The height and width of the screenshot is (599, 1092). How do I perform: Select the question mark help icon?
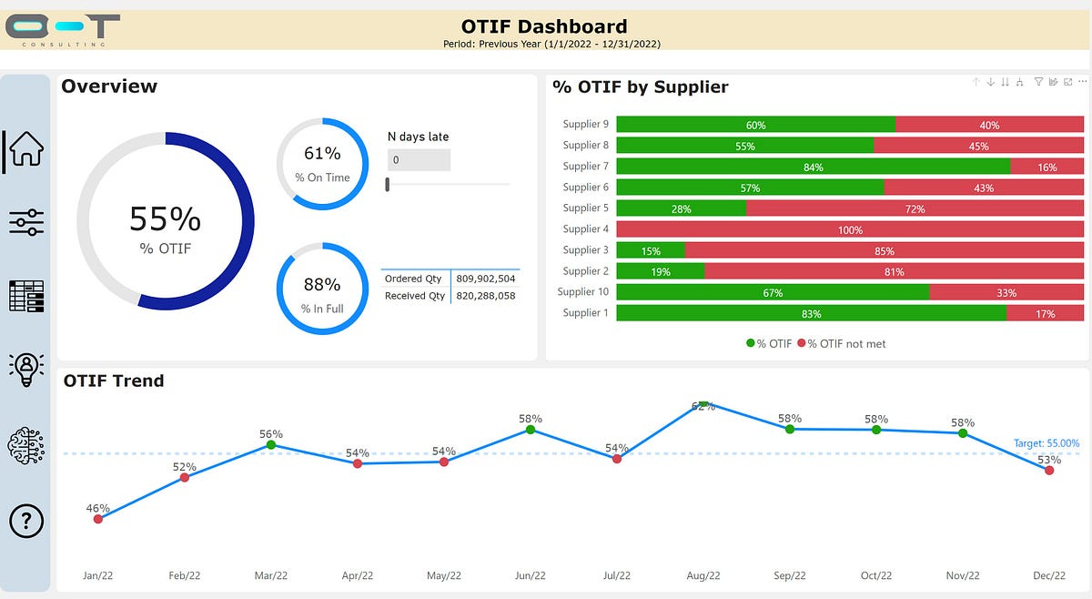click(x=26, y=521)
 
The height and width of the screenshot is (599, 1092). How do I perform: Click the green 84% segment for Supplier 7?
click(x=813, y=167)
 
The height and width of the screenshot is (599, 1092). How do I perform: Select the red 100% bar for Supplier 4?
click(x=850, y=229)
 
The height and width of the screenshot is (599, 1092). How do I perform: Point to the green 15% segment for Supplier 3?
click(x=651, y=250)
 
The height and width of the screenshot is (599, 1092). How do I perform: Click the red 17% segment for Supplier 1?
click(x=1046, y=313)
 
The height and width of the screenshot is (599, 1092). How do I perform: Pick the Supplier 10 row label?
click(x=582, y=292)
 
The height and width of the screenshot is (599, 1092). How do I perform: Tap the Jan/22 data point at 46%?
click(x=97, y=519)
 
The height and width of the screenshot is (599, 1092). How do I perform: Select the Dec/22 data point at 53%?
click(x=1049, y=470)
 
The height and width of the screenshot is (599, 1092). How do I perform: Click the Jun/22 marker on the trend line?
click(x=531, y=430)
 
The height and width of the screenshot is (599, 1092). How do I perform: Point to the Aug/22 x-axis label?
click(x=703, y=575)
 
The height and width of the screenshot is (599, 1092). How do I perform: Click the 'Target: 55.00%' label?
click(x=1046, y=444)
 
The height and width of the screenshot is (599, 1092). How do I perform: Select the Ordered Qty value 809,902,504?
click(x=486, y=279)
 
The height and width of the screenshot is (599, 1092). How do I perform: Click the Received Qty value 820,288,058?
click(x=486, y=296)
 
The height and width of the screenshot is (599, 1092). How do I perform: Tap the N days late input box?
click(x=419, y=160)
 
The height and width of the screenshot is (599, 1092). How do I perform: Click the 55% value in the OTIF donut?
click(x=165, y=219)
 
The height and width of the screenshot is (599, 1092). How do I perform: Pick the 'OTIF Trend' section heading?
click(x=114, y=381)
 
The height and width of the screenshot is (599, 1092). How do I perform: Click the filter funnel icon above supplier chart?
click(x=1038, y=82)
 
